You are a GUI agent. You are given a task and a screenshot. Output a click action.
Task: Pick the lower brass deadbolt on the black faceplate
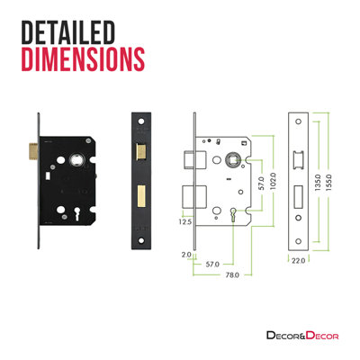tap(142, 193)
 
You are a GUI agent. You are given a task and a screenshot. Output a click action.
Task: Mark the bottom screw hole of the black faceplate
tap(142, 239)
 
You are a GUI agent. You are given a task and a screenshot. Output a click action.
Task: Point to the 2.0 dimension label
tap(185, 255)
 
